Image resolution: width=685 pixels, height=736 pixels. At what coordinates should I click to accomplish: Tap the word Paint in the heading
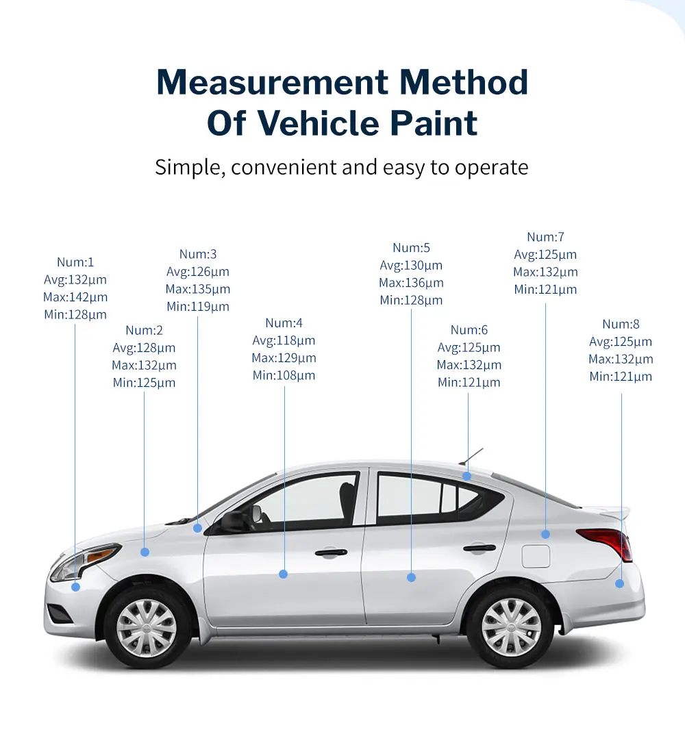pos(432,123)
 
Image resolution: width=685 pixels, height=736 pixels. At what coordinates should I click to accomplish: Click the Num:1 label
pos(75,262)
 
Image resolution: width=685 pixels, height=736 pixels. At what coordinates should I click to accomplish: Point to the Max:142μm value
pos(75,297)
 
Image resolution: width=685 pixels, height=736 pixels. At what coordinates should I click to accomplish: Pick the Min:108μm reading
pos(284,375)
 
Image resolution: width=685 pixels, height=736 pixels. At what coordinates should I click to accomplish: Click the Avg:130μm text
pos(411,266)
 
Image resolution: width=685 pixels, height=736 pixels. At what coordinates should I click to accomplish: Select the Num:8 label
pos(621,324)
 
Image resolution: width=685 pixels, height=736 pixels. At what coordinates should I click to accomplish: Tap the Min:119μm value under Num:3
pos(198,307)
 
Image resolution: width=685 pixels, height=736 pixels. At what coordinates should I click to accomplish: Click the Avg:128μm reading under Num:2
pos(144,348)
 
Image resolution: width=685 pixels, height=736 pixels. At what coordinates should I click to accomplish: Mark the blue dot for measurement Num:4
pos(284,574)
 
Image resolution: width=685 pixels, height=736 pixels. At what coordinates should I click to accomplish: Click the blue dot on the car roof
pos(466,476)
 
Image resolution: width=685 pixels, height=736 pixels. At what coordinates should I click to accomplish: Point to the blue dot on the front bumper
pos(75,587)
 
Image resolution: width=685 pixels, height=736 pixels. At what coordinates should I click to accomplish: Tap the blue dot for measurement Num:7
pos(545,534)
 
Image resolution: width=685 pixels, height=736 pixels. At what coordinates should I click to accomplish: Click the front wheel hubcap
pos(146,627)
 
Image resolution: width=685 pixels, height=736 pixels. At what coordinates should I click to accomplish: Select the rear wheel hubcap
pos(511,627)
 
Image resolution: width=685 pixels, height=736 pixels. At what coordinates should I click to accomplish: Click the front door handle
pos(331,553)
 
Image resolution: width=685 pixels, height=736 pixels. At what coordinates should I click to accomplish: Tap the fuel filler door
pos(536,555)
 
